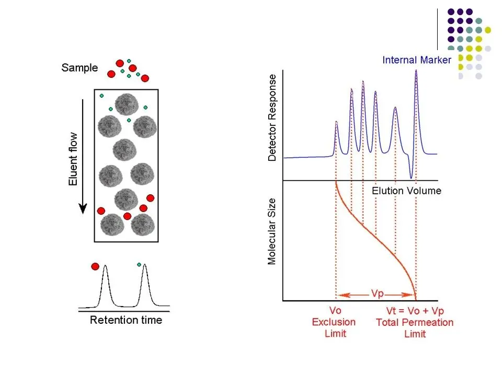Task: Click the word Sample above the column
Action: click(x=79, y=68)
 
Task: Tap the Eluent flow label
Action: click(x=74, y=158)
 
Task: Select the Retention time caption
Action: click(x=126, y=320)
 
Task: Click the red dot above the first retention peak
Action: click(x=95, y=266)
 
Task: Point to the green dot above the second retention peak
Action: click(x=140, y=264)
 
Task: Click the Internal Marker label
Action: click(x=416, y=60)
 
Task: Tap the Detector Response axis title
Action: click(x=272, y=118)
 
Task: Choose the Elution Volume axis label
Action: click(x=406, y=191)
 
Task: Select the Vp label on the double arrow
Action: click(x=378, y=293)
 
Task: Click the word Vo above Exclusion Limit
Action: click(x=335, y=310)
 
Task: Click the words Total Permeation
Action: click(x=415, y=322)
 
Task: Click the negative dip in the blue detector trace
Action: click(x=412, y=176)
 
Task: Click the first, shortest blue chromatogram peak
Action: click(x=336, y=123)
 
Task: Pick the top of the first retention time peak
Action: click(x=105, y=266)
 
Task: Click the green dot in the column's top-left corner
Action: click(x=101, y=96)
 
